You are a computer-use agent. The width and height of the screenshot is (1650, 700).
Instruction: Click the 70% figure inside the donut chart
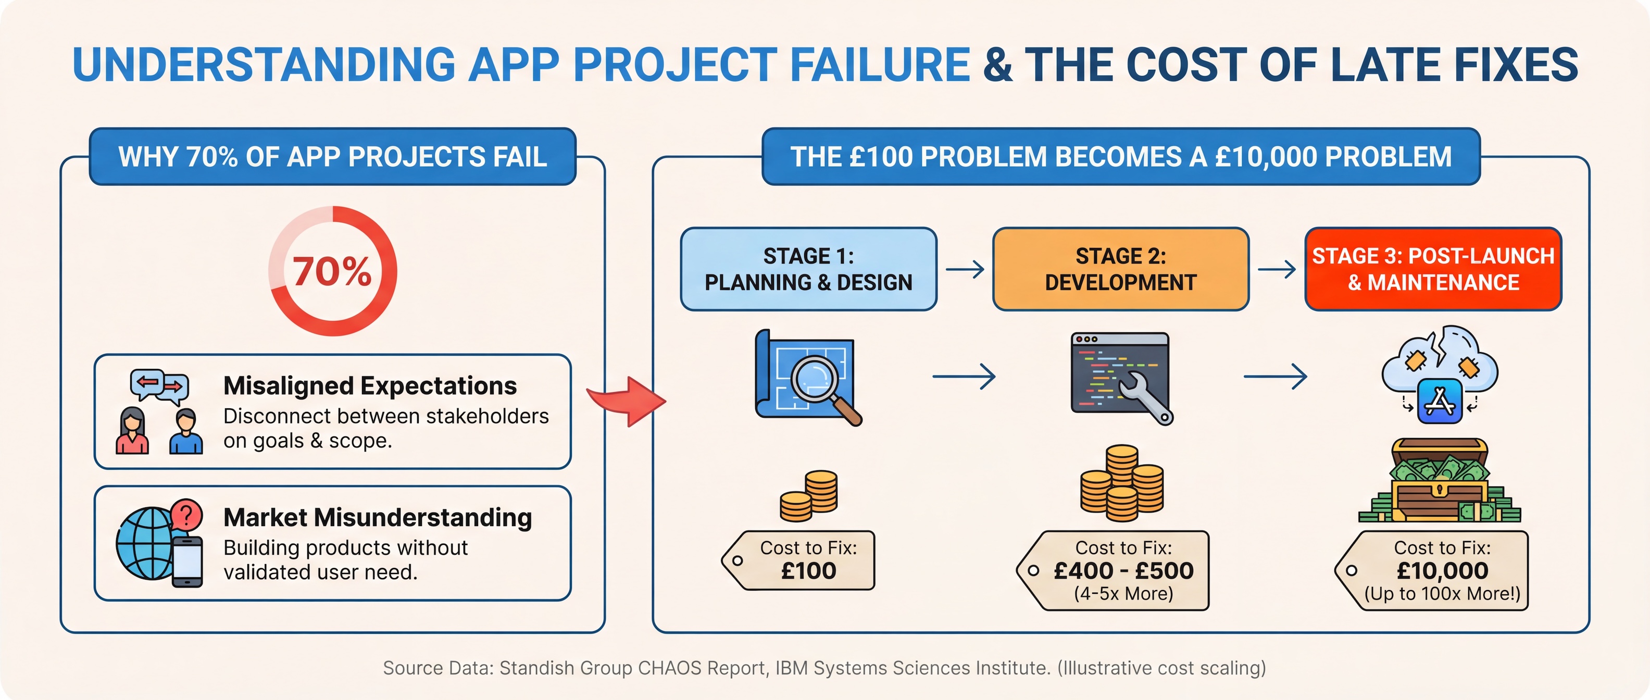click(x=332, y=271)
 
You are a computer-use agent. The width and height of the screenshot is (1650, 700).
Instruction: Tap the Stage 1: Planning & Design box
click(x=808, y=269)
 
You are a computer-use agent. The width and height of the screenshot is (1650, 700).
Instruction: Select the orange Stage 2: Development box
click(x=1120, y=269)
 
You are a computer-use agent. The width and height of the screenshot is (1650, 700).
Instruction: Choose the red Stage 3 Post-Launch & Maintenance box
click(x=1433, y=269)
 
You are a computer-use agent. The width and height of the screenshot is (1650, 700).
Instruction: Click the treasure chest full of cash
click(x=1440, y=480)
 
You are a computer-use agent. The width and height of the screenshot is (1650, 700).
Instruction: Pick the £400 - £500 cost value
click(x=1123, y=571)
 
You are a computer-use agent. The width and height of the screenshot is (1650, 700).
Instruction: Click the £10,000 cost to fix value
click(x=1443, y=571)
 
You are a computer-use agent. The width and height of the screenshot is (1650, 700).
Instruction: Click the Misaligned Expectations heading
click(x=370, y=385)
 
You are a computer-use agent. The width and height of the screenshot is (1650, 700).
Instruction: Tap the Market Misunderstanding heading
click(x=377, y=518)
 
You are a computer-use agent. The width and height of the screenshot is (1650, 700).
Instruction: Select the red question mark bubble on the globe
click(x=187, y=515)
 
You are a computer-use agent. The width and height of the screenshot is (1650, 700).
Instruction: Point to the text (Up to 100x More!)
click(x=1443, y=594)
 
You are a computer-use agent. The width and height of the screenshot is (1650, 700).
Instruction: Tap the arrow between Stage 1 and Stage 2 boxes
click(x=965, y=269)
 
